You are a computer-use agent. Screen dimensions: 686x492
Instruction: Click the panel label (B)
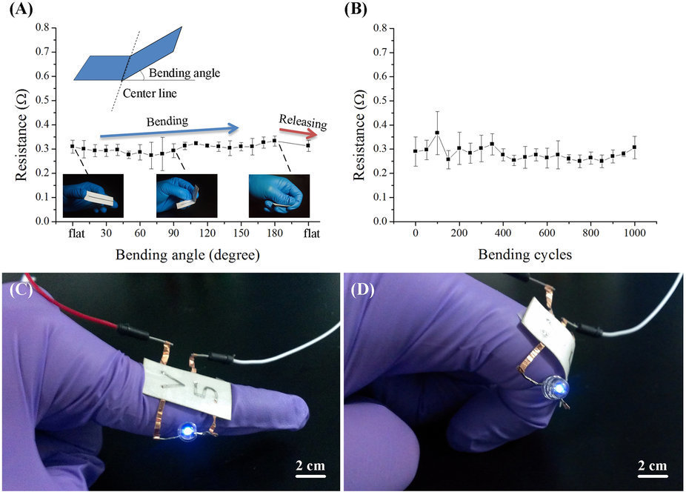(357, 10)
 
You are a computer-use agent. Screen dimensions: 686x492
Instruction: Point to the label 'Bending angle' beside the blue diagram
(184, 73)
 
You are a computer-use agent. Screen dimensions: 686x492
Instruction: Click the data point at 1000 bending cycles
(634, 147)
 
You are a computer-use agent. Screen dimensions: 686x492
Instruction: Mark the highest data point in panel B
(437, 133)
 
